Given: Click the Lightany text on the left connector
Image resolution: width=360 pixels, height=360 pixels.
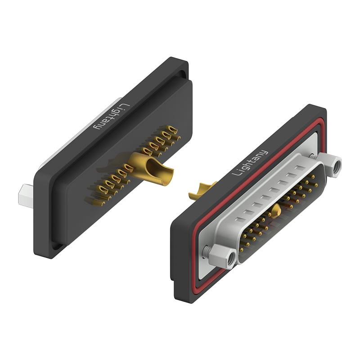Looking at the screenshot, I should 109,117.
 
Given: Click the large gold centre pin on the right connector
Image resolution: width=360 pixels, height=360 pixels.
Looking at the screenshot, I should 277,210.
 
